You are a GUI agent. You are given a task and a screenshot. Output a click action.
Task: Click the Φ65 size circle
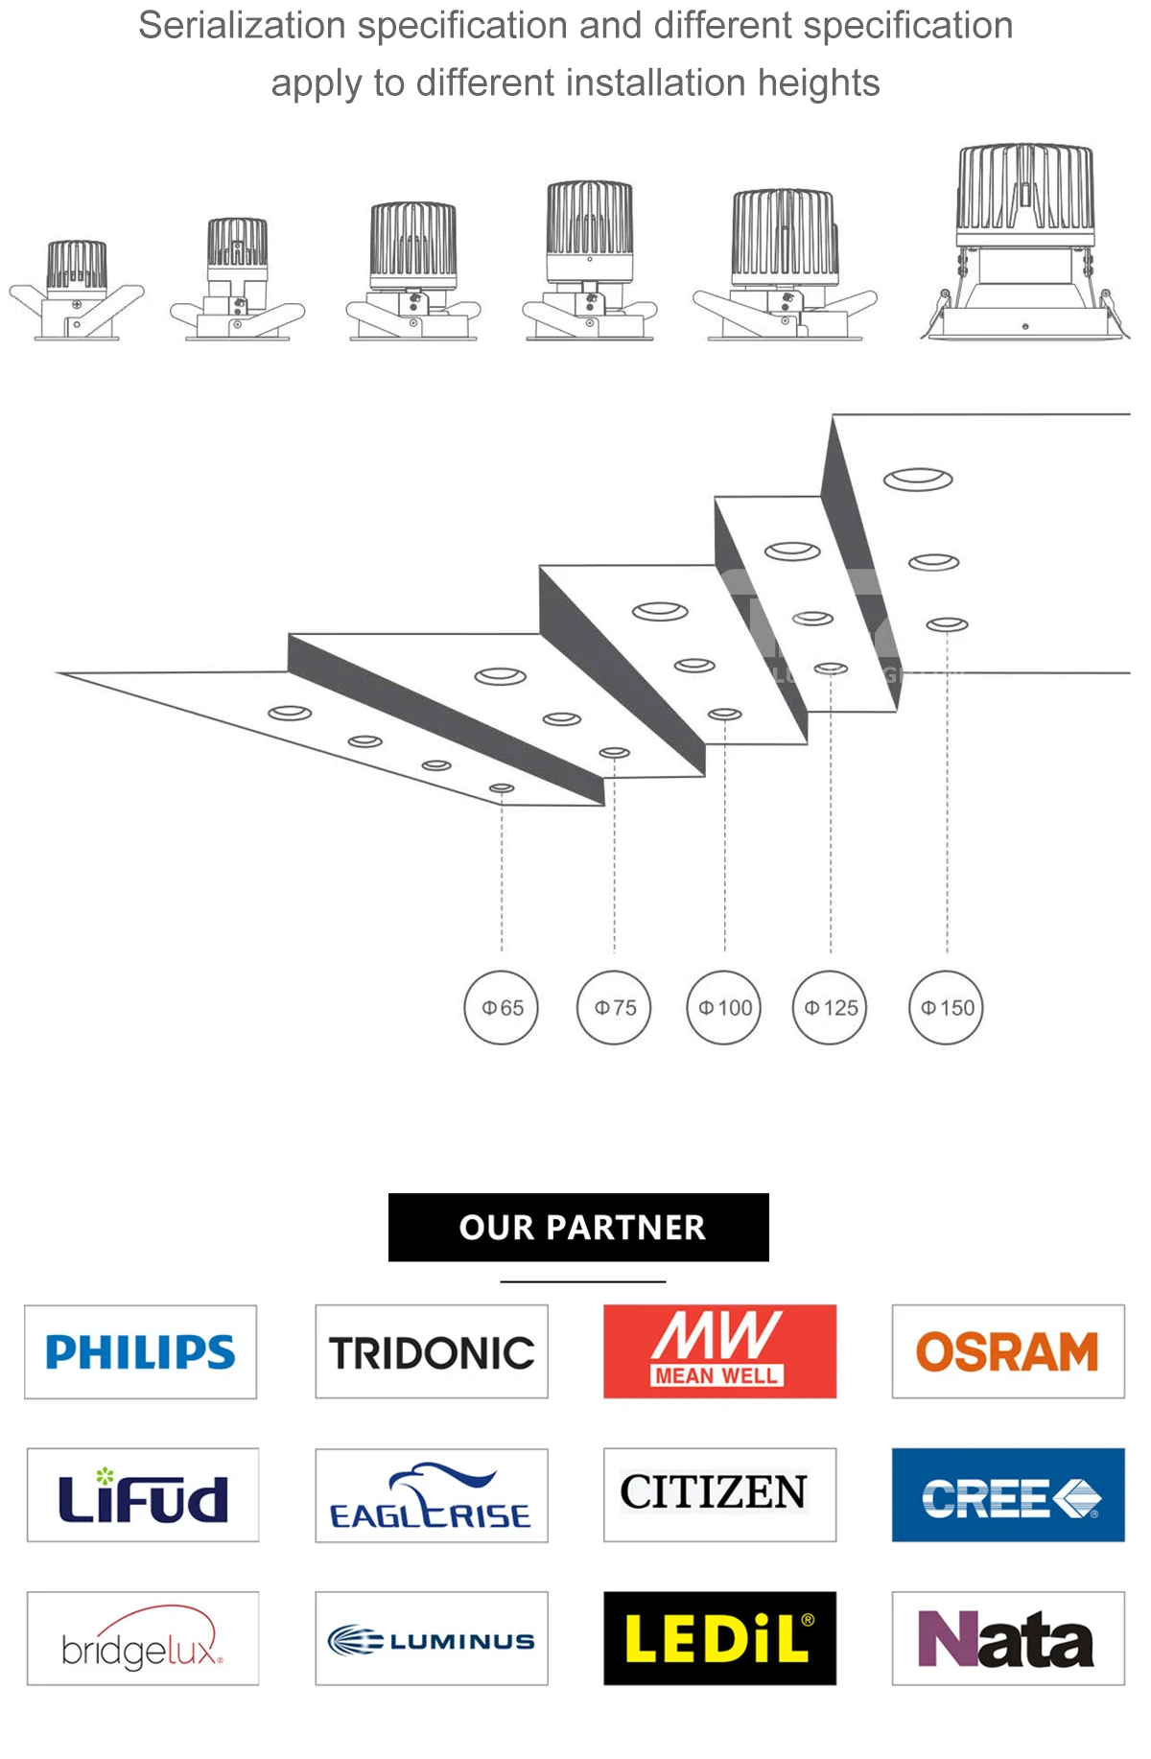[x=501, y=1007]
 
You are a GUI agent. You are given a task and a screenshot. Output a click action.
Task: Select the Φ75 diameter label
[x=614, y=1007]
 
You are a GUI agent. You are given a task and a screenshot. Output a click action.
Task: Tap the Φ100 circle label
[x=724, y=1007]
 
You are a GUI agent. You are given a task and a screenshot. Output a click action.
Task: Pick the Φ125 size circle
[x=830, y=1007]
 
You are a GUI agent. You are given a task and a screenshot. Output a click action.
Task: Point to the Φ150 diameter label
[x=946, y=1007]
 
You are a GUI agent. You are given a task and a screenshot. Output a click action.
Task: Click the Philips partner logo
[x=140, y=1351]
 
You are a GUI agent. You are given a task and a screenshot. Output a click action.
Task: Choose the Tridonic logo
[x=432, y=1351]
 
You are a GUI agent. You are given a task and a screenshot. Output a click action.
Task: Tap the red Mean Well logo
[x=719, y=1350]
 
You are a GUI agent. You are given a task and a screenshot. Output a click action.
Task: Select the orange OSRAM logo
[x=1008, y=1350]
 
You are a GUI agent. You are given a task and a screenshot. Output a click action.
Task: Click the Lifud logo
[x=143, y=1494]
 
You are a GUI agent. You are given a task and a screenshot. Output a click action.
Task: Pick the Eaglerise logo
[x=432, y=1495]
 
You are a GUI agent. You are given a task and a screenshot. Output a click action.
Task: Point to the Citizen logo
[x=719, y=1494]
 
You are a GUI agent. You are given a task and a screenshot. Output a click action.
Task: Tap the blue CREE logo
[x=1008, y=1494]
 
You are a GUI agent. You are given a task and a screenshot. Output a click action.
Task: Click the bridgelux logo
[x=143, y=1638]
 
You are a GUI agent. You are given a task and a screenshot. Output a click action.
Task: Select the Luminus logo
[x=432, y=1638]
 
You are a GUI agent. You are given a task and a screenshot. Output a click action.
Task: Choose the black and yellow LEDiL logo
[x=719, y=1638]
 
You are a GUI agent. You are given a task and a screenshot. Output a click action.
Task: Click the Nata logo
[x=1008, y=1638]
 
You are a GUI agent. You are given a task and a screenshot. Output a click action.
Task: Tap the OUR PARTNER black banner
[x=578, y=1227]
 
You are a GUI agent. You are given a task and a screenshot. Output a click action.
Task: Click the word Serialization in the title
[x=242, y=26]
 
